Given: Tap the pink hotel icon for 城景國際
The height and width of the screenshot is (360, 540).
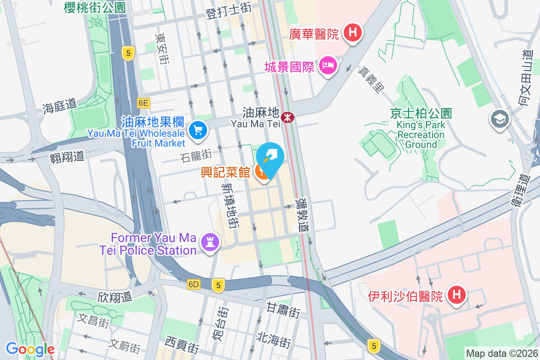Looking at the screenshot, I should click(328, 66).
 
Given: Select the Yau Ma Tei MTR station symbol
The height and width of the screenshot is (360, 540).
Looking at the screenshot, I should click(287, 117).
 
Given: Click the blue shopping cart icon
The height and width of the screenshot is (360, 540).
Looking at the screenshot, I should click(198, 130).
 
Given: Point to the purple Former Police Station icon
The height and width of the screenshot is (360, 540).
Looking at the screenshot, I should click(210, 242).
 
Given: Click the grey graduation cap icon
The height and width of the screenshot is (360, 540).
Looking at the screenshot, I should click(499, 119).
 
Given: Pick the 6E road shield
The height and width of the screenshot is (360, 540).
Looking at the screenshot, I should click(143, 103).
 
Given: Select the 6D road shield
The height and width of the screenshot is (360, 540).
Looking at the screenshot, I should click(193, 284).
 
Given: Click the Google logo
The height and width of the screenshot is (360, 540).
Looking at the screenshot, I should click(30, 349).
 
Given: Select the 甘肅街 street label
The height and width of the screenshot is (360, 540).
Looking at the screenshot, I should click(283, 310).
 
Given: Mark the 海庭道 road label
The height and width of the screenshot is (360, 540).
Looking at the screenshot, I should click(59, 106).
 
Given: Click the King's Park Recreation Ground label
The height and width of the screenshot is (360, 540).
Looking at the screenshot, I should click(421, 129).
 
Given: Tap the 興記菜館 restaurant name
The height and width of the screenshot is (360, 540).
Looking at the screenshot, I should click(225, 171).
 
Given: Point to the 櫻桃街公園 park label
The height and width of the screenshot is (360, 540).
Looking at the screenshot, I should click(95, 7).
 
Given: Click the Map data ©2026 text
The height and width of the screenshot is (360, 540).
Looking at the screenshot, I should click(502, 353).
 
